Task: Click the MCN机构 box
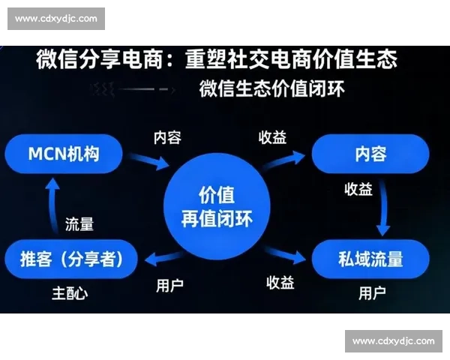(63, 155)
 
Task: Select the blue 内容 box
(370, 155)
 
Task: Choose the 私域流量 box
(370, 259)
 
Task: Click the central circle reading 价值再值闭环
(217, 208)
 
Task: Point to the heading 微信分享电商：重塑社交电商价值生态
(216, 59)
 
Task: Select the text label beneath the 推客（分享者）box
(69, 292)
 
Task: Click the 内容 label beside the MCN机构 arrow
(167, 138)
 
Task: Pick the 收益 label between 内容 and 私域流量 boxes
(358, 190)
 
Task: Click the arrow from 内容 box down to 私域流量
(384, 207)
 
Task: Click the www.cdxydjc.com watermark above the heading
(56, 18)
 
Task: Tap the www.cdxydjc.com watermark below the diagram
(393, 341)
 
